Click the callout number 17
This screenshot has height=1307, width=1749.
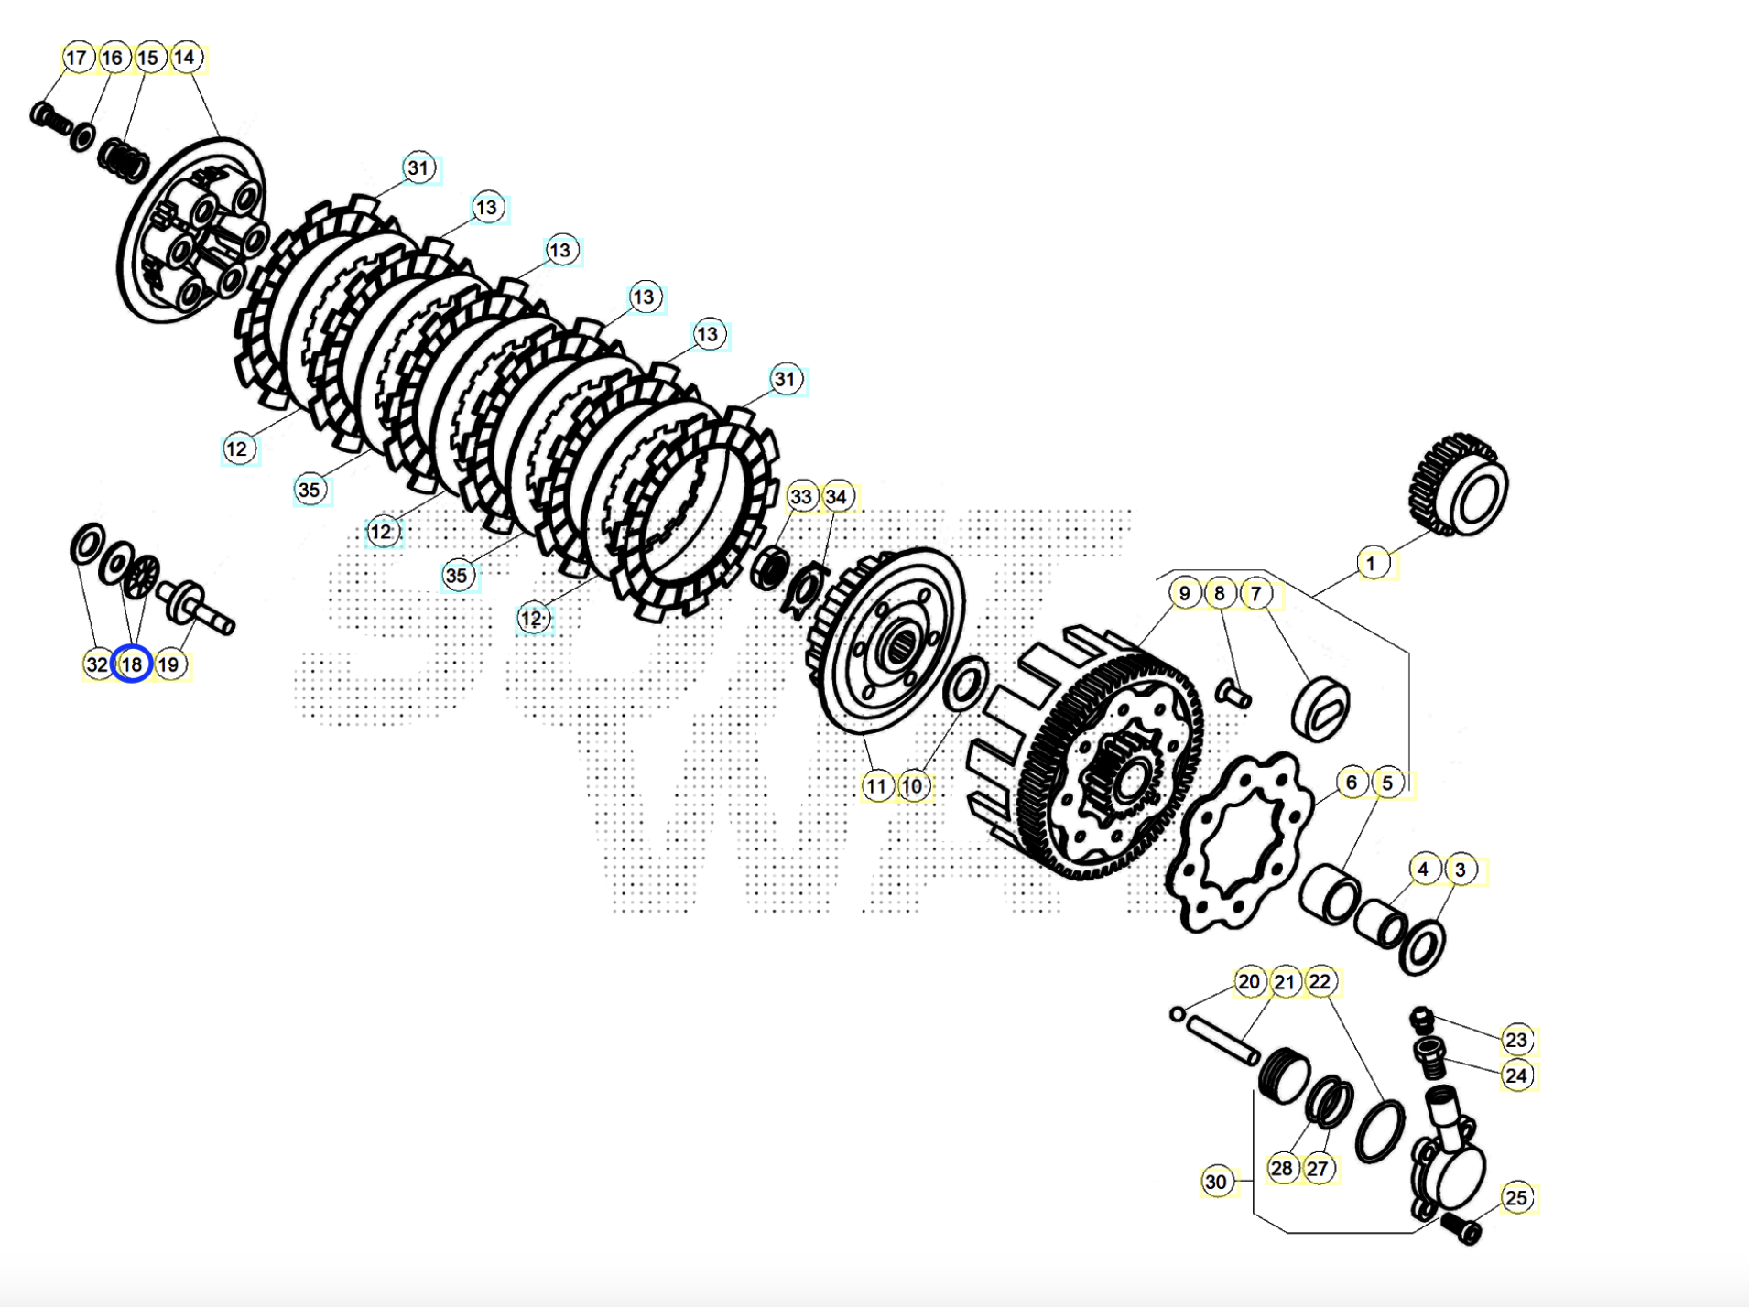click(x=77, y=58)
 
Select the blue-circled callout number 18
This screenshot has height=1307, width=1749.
click(x=132, y=664)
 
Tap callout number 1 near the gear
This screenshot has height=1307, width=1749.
click(x=1371, y=564)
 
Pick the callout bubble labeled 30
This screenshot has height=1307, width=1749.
click(x=1216, y=1182)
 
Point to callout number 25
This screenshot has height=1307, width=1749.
click(x=1516, y=1198)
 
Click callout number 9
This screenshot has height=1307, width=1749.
click(x=1185, y=593)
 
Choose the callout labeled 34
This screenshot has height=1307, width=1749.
click(x=836, y=497)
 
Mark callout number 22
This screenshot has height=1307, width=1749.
click(x=1320, y=982)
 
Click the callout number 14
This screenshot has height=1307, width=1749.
click(x=185, y=58)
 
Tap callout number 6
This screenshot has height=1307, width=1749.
click(x=1352, y=783)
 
